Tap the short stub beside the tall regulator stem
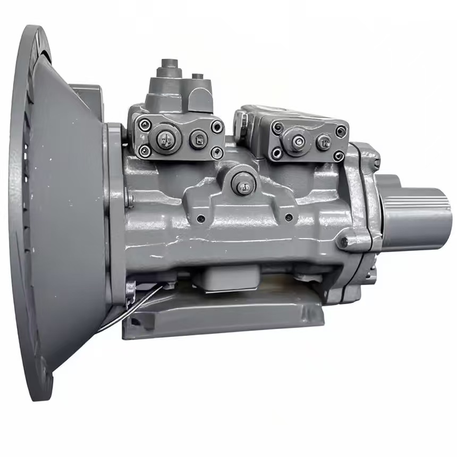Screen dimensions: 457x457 [x=198, y=78]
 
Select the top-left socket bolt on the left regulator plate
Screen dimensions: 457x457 [x=142, y=124]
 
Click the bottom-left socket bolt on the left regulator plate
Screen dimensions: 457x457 [x=143, y=151]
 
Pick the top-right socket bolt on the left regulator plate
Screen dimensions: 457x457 [x=216, y=126]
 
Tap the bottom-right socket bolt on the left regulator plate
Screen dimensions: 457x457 [x=216, y=152]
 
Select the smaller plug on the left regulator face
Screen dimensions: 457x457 [x=198, y=139]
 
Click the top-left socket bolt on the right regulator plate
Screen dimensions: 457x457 [x=277, y=128]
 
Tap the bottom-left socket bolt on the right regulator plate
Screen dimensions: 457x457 [x=276, y=153]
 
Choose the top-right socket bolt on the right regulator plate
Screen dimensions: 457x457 [x=340, y=131]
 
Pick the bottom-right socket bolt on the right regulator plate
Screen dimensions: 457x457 [x=338, y=155]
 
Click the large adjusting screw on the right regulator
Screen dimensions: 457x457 [x=299, y=141]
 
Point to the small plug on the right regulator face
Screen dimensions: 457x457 [x=324, y=142]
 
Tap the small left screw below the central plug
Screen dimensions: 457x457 [x=201, y=218]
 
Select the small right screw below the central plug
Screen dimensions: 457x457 [x=289, y=217]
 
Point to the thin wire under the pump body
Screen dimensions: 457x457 [x=133, y=309]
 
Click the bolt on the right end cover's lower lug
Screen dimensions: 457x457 [x=344, y=242]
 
